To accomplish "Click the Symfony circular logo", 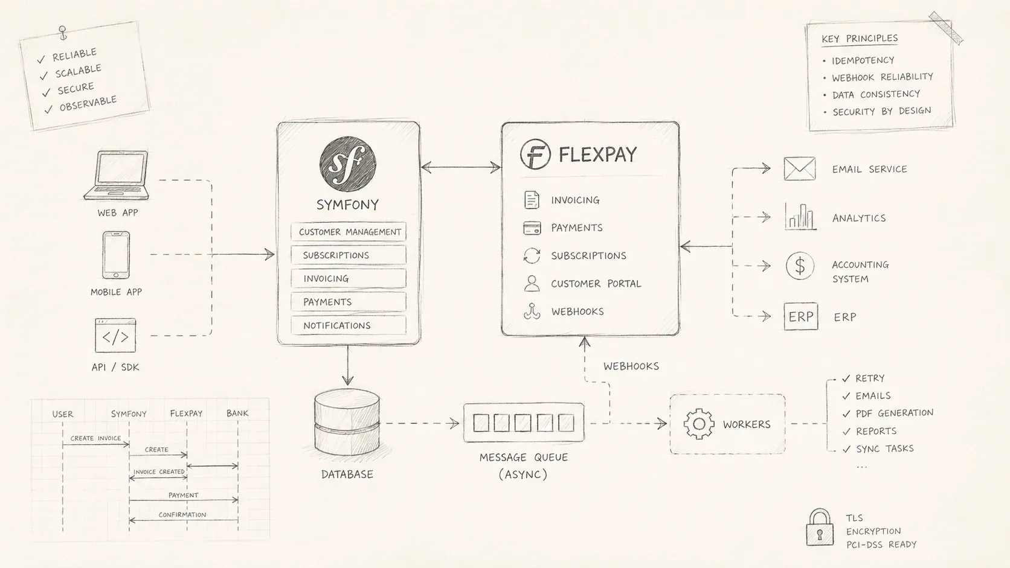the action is pyautogui.click(x=347, y=164).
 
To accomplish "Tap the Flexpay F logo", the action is pyautogui.click(x=535, y=154).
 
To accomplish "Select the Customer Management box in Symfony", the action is pyautogui.click(x=349, y=232).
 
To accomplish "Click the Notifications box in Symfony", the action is pyautogui.click(x=349, y=325).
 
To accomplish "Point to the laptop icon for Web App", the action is pyautogui.click(x=117, y=175).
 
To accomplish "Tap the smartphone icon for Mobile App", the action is pyautogui.click(x=116, y=255).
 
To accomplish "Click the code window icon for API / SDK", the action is pyautogui.click(x=115, y=336).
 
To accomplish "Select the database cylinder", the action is pyautogui.click(x=347, y=422).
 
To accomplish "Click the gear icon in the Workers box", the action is pyautogui.click(x=699, y=424).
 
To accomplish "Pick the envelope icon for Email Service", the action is pyautogui.click(x=799, y=168).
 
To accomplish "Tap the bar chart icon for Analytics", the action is pyautogui.click(x=800, y=217).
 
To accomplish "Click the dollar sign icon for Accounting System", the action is pyautogui.click(x=800, y=266).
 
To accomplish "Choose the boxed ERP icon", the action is pyautogui.click(x=801, y=317).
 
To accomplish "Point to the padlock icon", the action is pyautogui.click(x=819, y=528).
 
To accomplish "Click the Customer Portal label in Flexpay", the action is pyautogui.click(x=596, y=284).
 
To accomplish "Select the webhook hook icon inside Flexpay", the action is pyautogui.click(x=532, y=311).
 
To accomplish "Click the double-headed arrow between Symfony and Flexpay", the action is pyautogui.click(x=460, y=168).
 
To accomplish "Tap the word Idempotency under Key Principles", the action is pyautogui.click(x=863, y=60).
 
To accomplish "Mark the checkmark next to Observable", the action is pyautogui.click(x=49, y=109).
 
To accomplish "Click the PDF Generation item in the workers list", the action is pyautogui.click(x=895, y=413).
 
